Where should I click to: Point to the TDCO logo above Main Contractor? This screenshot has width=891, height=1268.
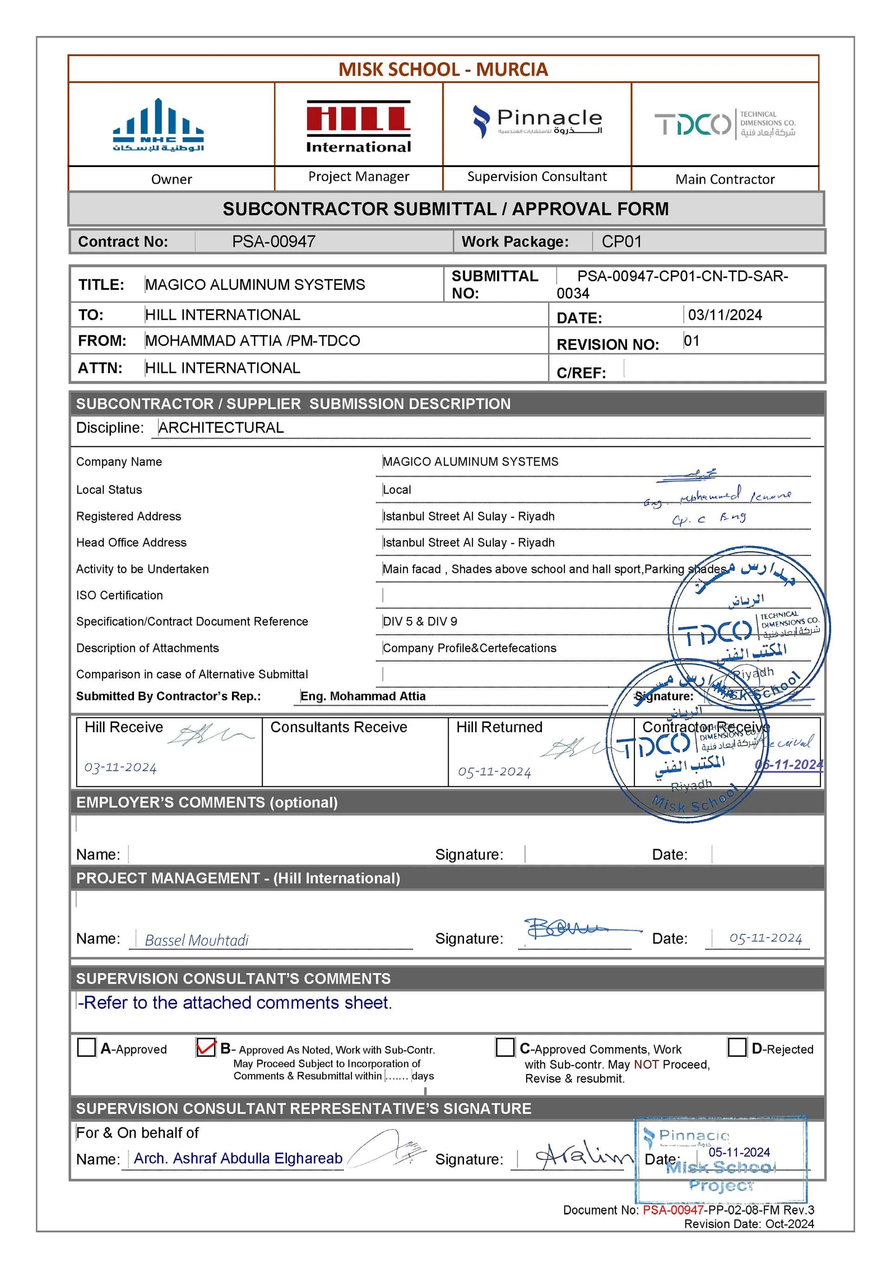(x=724, y=124)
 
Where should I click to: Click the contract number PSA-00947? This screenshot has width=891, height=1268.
(x=273, y=241)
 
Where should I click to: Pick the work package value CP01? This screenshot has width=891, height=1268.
(x=621, y=241)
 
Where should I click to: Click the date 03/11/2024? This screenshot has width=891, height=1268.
(x=724, y=315)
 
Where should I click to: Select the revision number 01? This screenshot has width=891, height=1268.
(x=691, y=341)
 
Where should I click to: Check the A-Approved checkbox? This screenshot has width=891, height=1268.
(x=86, y=1047)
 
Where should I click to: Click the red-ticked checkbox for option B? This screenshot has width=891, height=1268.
(x=206, y=1047)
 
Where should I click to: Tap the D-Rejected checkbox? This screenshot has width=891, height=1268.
(x=736, y=1047)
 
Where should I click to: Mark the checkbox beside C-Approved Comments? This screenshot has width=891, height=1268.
(x=504, y=1047)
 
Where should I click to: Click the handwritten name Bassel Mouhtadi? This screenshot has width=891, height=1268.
(x=196, y=940)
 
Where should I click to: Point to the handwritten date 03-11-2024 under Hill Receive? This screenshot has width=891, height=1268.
(x=120, y=767)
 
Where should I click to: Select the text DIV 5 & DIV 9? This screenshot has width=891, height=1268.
(x=420, y=621)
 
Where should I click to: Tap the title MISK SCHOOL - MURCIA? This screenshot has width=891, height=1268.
(x=443, y=70)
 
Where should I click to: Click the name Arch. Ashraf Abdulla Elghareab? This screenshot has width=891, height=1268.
(x=238, y=1158)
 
